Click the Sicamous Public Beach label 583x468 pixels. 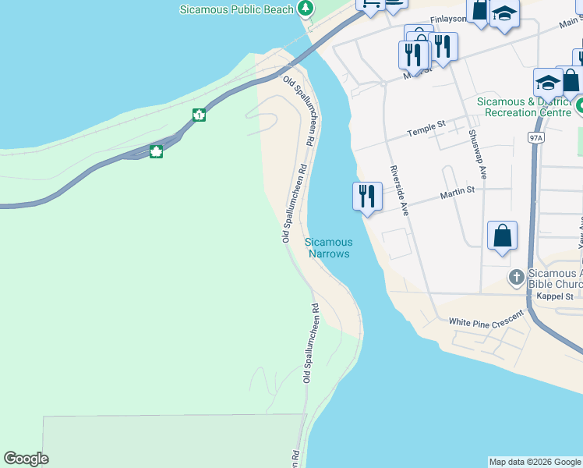[x=236, y=9]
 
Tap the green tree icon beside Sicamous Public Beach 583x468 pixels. [x=307, y=9]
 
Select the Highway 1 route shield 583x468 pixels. [x=200, y=115]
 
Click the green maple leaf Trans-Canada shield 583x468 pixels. [x=156, y=151]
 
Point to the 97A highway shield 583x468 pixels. [x=535, y=137]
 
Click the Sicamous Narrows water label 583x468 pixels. [x=328, y=248]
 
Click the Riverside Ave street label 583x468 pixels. [x=400, y=190]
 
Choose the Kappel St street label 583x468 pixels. [x=557, y=296]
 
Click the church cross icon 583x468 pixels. [x=516, y=277]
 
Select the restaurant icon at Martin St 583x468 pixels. [x=367, y=196]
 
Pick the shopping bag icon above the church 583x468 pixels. [x=503, y=236]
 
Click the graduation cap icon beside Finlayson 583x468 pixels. [x=504, y=14]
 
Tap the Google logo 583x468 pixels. [x=26, y=459]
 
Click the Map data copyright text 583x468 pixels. [x=535, y=462]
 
